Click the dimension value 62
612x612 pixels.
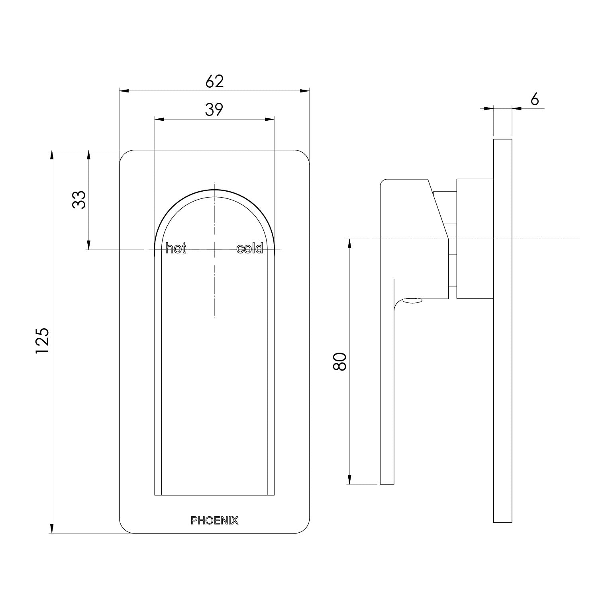coord(215,81)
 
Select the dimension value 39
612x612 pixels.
coord(214,109)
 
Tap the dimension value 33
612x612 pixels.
coord(79,200)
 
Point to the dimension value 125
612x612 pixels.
coord(42,340)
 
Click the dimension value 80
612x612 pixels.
coord(340,361)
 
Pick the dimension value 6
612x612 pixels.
coord(535,99)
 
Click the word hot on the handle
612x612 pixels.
coord(176,249)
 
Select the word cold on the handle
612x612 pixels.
coord(249,249)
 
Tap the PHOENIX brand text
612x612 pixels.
coord(214,520)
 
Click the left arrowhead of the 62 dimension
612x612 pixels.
coord(124,91)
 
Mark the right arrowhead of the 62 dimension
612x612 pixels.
coord(305,91)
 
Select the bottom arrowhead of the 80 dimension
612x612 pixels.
coord(350,479)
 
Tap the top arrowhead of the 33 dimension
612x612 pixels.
coord(89,155)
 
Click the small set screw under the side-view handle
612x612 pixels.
coord(412,301)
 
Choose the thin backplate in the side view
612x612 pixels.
coord(502,331)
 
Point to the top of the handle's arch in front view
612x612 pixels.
coord(214,190)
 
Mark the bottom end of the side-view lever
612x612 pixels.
coord(387,483)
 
